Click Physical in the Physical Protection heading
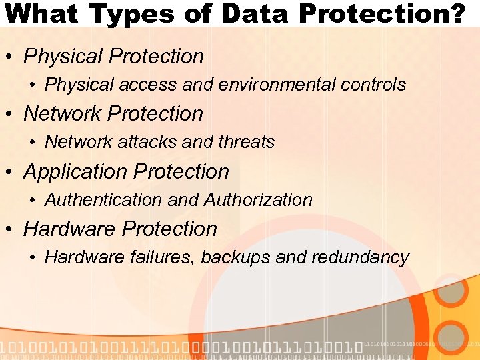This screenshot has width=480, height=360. click(63, 57)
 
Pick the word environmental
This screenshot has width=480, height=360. click(283, 85)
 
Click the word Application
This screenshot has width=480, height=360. click(75, 172)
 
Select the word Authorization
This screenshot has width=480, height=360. click(258, 199)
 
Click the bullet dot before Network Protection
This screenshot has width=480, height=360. click(11, 115)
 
